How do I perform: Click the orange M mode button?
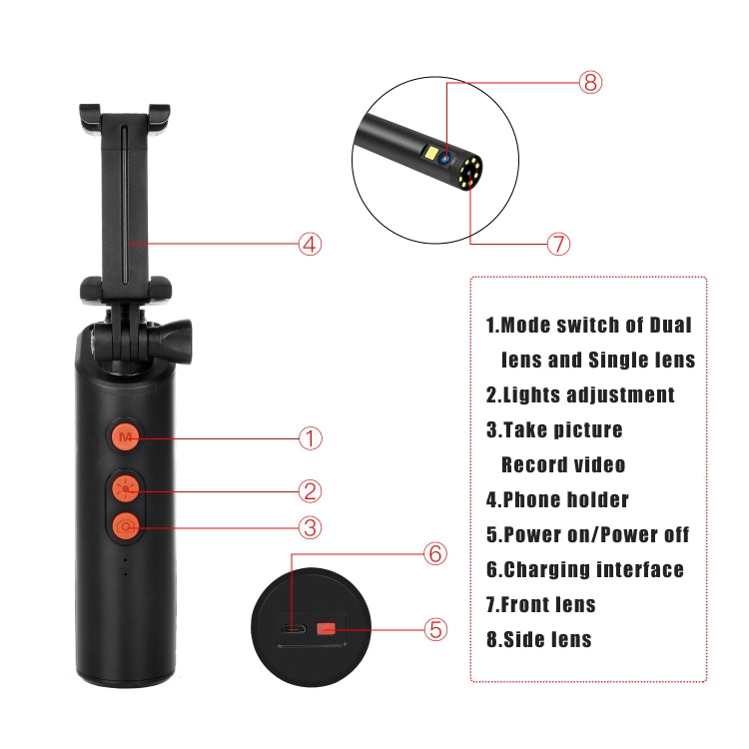coord(125,437)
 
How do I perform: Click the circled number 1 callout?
coord(312,437)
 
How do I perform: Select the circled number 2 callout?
coord(312,490)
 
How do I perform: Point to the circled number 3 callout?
coord(312,526)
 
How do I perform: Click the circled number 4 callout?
coord(311,243)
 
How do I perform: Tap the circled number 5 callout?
coord(435,629)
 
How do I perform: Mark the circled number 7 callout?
coord(558,243)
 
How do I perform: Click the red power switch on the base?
coord(326,629)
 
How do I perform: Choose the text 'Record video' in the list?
coord(563,464)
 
